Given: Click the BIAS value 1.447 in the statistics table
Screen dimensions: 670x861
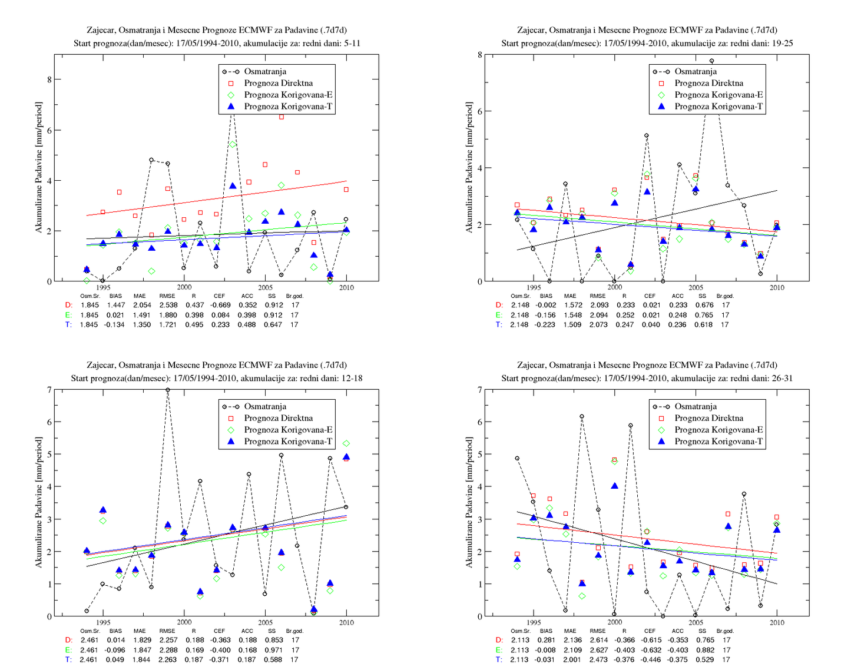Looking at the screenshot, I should pyautogui.click(x=115, y=305).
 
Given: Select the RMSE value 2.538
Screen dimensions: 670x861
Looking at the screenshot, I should pyautogui.click(x=168, y=305).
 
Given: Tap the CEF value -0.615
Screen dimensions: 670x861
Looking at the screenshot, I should pyautogui.click(x=651, y=640).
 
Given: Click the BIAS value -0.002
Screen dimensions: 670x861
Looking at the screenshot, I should pyautogui.click(x=546, y=305).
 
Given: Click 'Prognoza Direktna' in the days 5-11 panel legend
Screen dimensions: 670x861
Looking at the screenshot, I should pyautogui.click(x=278, y=83).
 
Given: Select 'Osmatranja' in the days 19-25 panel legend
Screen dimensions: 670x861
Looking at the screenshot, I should pyautogui.click(x=696, y=71).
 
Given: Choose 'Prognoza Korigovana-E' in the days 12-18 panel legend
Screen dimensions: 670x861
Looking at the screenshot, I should pyautogui.click(x=288, y=430).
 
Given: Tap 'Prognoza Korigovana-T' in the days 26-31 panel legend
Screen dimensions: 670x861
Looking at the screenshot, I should pyautogui.click(x=718, y=442).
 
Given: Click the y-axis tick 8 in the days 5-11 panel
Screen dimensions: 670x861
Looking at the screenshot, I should pyautogui.click(x=49, y=79).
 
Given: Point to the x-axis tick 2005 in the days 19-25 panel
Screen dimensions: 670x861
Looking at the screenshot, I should pyautogui.click(x=696, y=287).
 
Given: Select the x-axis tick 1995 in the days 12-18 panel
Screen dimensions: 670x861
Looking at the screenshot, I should pyautogui.click(x=103, y=622).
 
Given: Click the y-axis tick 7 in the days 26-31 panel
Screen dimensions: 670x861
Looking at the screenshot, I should pyautogui.click(x=480, y=390).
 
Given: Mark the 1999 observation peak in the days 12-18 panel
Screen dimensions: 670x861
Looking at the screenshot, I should pyautogui.click(x=168, y=390).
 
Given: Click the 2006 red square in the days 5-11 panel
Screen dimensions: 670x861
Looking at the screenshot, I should pyautogui.click(x=282, y=117).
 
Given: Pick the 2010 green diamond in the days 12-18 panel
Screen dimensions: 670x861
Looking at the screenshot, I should pyautogui.click(x=346, y=443).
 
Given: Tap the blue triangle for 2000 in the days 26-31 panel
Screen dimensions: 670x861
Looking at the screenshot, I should pyautogui.click(x=615, y=486).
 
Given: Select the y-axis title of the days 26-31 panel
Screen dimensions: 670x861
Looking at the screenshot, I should pyautogui.click(x=469, y=502).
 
